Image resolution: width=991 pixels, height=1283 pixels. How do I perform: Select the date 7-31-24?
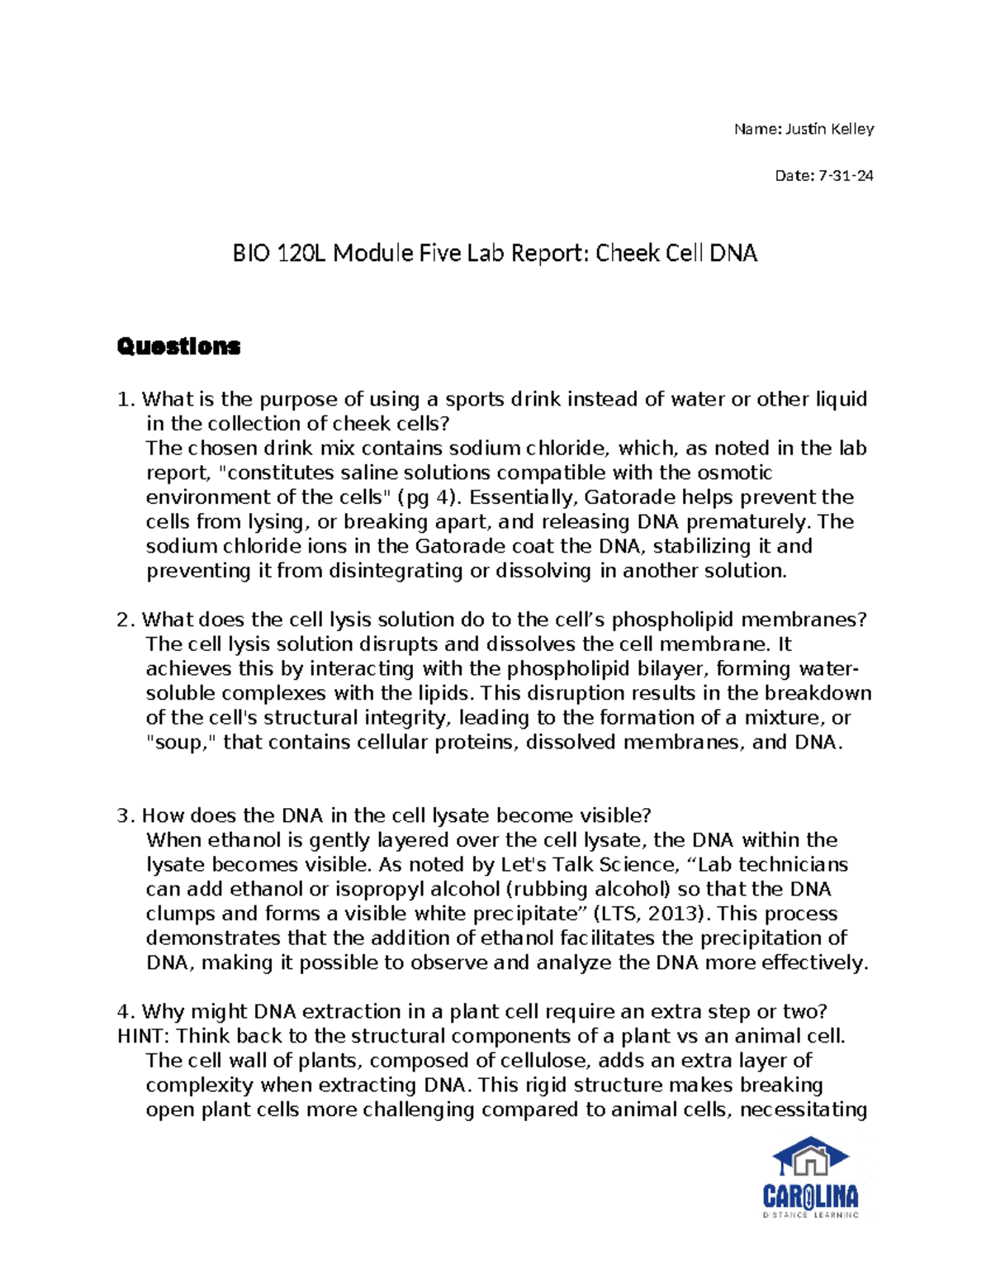click(x=846, y=176)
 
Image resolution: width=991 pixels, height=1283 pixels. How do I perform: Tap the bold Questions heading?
click(x=178, y=346)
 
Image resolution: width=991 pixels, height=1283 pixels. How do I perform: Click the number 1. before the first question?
click(x=126, y=400)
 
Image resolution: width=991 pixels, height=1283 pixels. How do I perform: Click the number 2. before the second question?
click(x=126, y=620)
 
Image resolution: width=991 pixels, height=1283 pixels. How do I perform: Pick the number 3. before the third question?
click(x=126, y=816)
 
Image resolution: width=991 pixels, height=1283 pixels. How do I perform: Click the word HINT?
click(x=144, y=1037)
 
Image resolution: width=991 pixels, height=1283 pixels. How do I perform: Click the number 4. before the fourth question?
click(x=126, y=1012)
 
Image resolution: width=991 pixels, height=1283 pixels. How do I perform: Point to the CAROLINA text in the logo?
click(x=810, y=1197)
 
